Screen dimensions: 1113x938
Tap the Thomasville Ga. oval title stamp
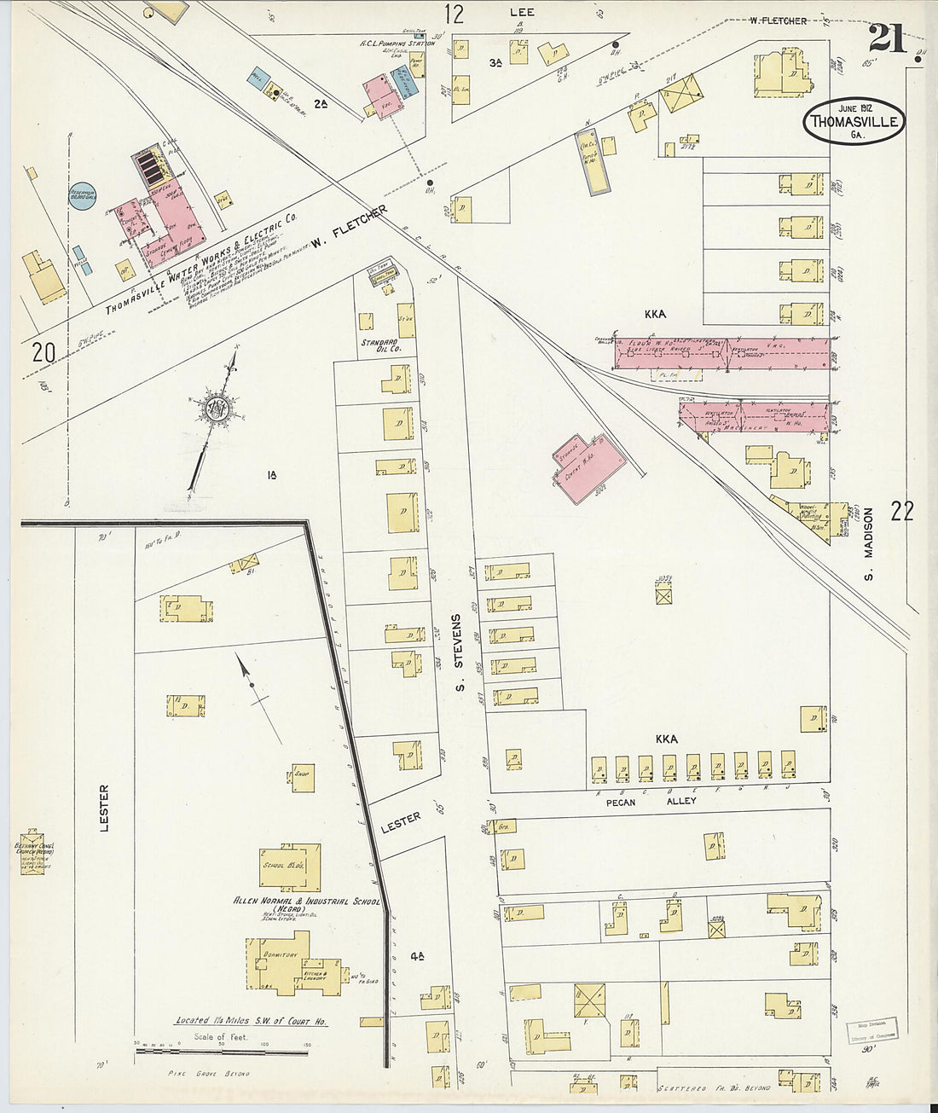click(854, 121)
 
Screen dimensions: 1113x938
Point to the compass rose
click(214, 409)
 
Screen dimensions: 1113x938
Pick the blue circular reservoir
click(82, 195)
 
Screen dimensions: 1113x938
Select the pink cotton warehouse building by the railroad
click(589, 465)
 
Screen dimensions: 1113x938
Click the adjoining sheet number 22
click(901, 511)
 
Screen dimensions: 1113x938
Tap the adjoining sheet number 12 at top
click(454, 13)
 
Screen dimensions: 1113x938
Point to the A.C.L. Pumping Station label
click(397, 43)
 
